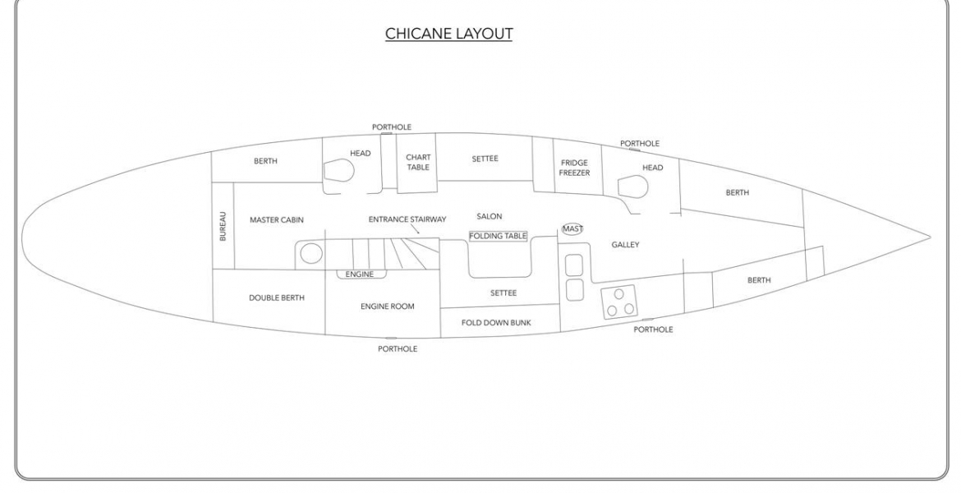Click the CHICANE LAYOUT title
[448, 33]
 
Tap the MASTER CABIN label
[277, 219]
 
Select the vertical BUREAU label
[223, 226]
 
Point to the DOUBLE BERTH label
[277, 298]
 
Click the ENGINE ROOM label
[388, 306]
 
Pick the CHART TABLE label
[418, 163]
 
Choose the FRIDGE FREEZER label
[574, 168]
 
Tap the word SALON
[489, 216]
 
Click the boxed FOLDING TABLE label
[498, 236]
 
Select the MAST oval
[572, 228]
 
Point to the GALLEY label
[625, 245]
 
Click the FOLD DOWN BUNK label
[496, 323]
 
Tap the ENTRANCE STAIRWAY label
[407, 219]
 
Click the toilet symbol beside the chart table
[337, 171]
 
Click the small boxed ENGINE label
[361, 274]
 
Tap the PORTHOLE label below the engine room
[398, 349]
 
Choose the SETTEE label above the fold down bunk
[503, 293]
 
